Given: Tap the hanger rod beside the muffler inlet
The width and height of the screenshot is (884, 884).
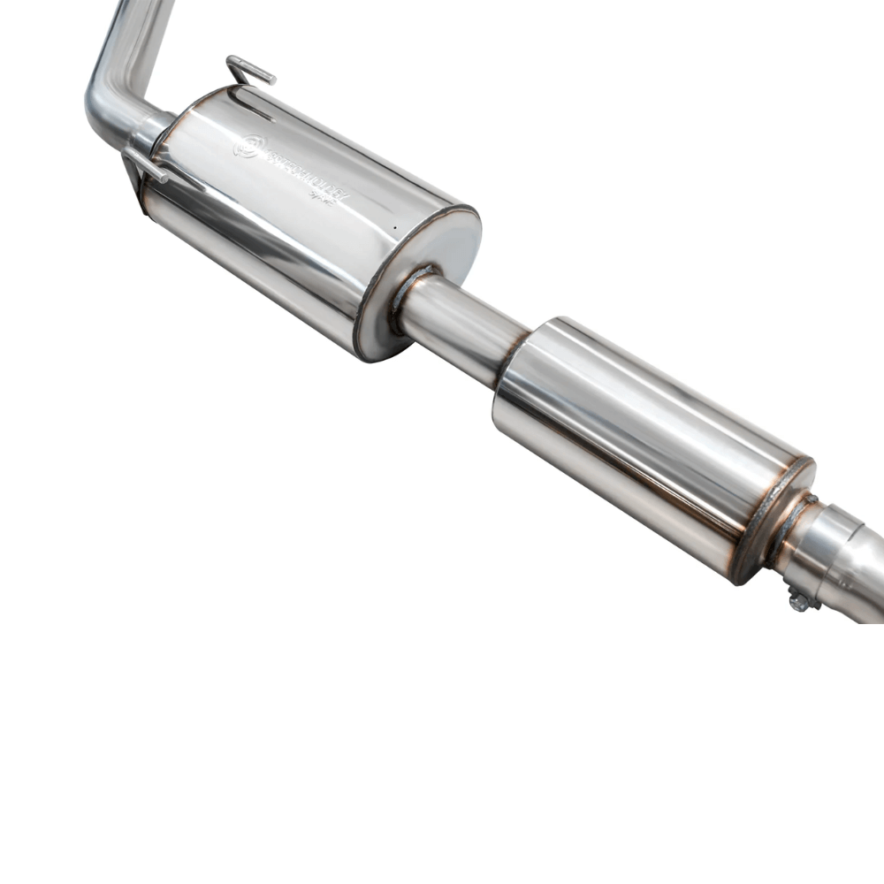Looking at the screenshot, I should (x=145, y=164).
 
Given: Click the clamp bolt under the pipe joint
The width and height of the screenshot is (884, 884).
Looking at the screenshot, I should (x=800, y=601).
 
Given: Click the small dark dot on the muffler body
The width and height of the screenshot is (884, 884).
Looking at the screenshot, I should (x=392, y=227).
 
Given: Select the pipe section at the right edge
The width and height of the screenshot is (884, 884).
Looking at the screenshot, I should (x=862, y=575).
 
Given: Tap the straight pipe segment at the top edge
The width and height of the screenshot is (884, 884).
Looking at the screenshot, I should (x=141, y=27).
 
